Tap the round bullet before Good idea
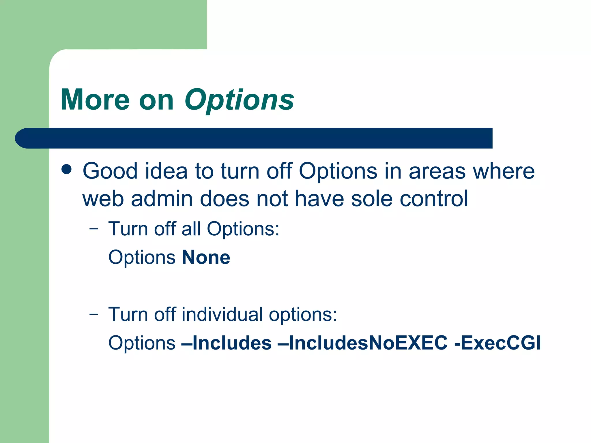click(67, 170)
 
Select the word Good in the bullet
click(110, 171)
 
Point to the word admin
click(162, 199)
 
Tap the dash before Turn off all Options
click(94, 229)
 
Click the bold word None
click(206, 257)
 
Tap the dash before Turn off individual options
click(94, 314)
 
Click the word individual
click(222, 314)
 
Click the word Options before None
click(142, 257)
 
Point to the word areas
click(437, 171)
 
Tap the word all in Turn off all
click(191, 229)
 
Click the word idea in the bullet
click(166, 171)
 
